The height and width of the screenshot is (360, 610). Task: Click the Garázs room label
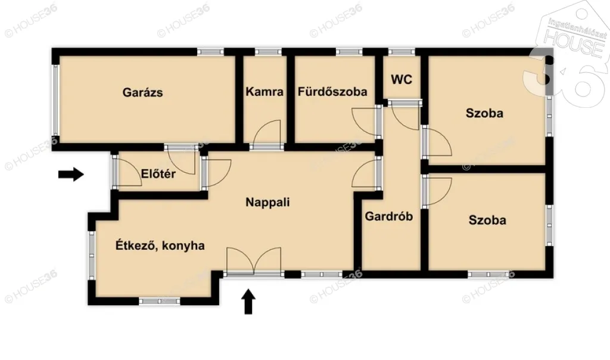[143, 92]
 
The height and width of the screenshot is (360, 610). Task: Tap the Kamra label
[264, 92]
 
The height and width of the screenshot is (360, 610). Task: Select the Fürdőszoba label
[332, 92]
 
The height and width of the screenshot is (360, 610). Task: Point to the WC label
[402, 79]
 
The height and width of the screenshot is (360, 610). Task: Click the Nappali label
[267, 202]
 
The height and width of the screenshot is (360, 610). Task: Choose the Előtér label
[158, 175]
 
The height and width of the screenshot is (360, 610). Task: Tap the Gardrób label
[389, 216]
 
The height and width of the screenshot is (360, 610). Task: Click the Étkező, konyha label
[160, 245]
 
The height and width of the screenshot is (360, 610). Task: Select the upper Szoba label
[484, 113]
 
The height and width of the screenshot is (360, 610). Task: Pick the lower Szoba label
[487, 220]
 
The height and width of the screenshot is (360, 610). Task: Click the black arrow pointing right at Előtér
[71, 174]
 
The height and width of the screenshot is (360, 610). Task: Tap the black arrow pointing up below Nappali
[250, 301]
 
